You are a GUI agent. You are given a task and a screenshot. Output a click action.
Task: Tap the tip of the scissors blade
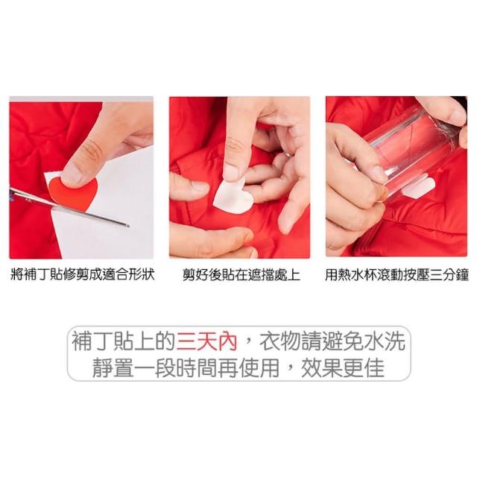tap(128, 226)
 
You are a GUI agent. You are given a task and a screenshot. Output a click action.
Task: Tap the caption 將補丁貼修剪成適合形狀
tap(83, 274)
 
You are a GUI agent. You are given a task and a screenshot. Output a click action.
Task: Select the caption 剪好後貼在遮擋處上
tap(241, 274)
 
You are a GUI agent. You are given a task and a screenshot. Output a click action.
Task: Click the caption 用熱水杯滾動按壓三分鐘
tap(397, 274)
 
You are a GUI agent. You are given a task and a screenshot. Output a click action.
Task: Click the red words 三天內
tap(207, 341)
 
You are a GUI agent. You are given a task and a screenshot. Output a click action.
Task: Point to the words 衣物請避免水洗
tap(332, 341)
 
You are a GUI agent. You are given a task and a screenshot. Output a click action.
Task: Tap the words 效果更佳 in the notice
tap(343, 368)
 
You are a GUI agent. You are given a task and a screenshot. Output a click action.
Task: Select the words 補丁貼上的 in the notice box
tap(123, 341)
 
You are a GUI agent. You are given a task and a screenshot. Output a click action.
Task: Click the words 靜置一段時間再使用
tap(186, 368)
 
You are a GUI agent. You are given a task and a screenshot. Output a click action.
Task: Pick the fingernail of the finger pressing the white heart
tap(231, 172)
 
